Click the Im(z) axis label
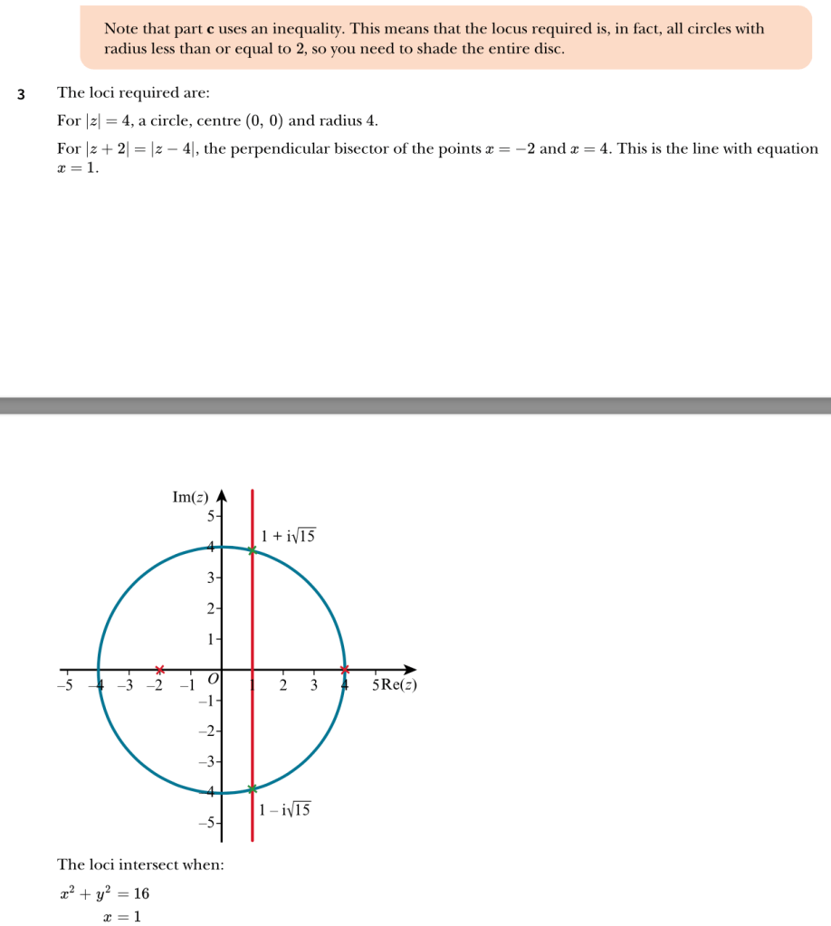click(190, 497)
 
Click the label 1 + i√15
click(288, 537)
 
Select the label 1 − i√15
click(284, 810)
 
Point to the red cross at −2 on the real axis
click(159, 670)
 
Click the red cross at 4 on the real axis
click(344, 670)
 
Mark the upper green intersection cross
click(253, 550)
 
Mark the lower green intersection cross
click(253, 789)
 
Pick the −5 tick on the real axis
click(65, 684)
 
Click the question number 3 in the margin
click(21, 93)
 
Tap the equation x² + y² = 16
click(105, 894)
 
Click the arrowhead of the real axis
click(412, 670)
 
